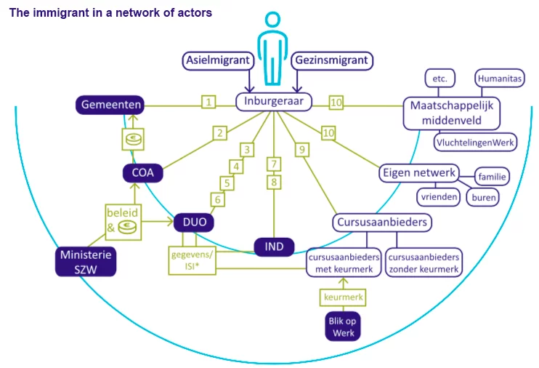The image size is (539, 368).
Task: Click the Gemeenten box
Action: tap(109, 106)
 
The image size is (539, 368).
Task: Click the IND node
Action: tap(274, 247)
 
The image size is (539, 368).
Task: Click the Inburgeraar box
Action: tap(274, 102)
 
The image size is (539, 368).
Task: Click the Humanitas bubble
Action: tap(499, 77)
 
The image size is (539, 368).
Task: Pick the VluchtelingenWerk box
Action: tap(476, 142)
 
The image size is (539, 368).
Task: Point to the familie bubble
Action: tap(493, 176)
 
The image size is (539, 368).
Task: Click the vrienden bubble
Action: tap(437, 196)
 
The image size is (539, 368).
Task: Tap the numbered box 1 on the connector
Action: tap(209, 103)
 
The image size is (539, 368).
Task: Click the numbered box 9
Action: tap(299, 150)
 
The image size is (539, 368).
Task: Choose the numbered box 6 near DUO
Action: tap(216, 199)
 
